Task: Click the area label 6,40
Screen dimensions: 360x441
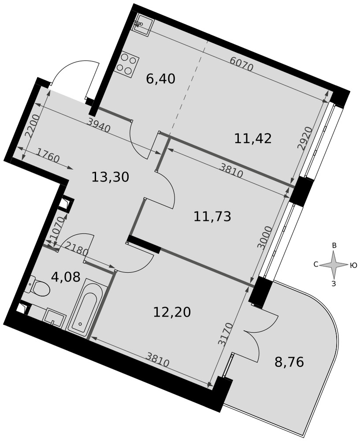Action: click(161, 79)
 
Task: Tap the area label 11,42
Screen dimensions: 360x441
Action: click(253, 138)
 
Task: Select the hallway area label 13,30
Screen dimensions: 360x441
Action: click(111, 177)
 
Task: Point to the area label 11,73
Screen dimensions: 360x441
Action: click(212, 217)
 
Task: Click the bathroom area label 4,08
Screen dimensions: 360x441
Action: click(66, 277)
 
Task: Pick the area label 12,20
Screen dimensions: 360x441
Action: click(172, 312)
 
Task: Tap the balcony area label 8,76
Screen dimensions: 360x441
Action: click(289, 363)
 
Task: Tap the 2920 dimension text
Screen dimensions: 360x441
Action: click(304, 139)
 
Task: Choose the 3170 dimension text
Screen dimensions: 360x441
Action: click(226, 334)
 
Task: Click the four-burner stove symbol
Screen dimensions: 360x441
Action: click(128, 65)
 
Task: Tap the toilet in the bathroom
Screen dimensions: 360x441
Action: click(38, 286)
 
